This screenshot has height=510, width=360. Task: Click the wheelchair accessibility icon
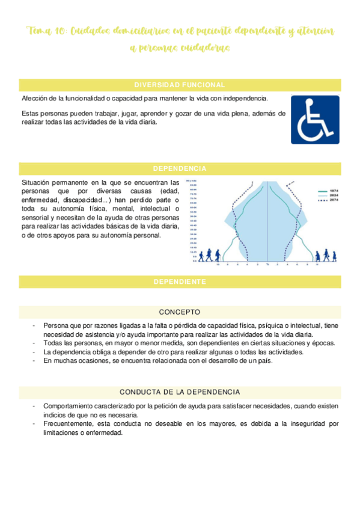tap(315, 120)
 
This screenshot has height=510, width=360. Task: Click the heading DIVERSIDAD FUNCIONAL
tap(180, 85)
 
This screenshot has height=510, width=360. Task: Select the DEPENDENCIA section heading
tap(180, 168)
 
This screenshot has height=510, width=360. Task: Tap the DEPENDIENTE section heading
tap(180, 281)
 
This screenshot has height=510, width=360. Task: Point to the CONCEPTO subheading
tap(180, 312)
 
